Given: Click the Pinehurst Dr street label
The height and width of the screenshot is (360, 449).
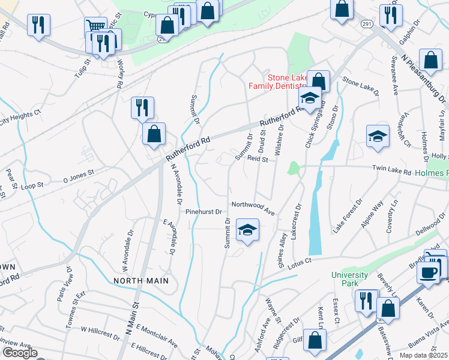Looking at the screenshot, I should coord(203,212).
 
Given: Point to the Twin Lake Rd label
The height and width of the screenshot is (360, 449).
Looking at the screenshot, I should coord(391,171).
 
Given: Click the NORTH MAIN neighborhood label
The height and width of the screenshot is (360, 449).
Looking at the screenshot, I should coord(139,280).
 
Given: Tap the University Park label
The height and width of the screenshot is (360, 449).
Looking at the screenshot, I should coord(349,278).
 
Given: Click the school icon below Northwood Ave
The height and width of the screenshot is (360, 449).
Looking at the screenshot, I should coord(247,230).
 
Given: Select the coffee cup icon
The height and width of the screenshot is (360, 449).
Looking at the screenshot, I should coord(429,272).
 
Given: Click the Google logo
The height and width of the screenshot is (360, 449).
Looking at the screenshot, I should coord(19,353).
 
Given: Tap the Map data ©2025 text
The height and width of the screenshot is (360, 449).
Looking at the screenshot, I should coord(423,355).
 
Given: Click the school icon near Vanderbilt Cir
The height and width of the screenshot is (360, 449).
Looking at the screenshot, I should coord(378,136).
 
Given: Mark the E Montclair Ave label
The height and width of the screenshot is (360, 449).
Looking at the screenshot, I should coord(157,335).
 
